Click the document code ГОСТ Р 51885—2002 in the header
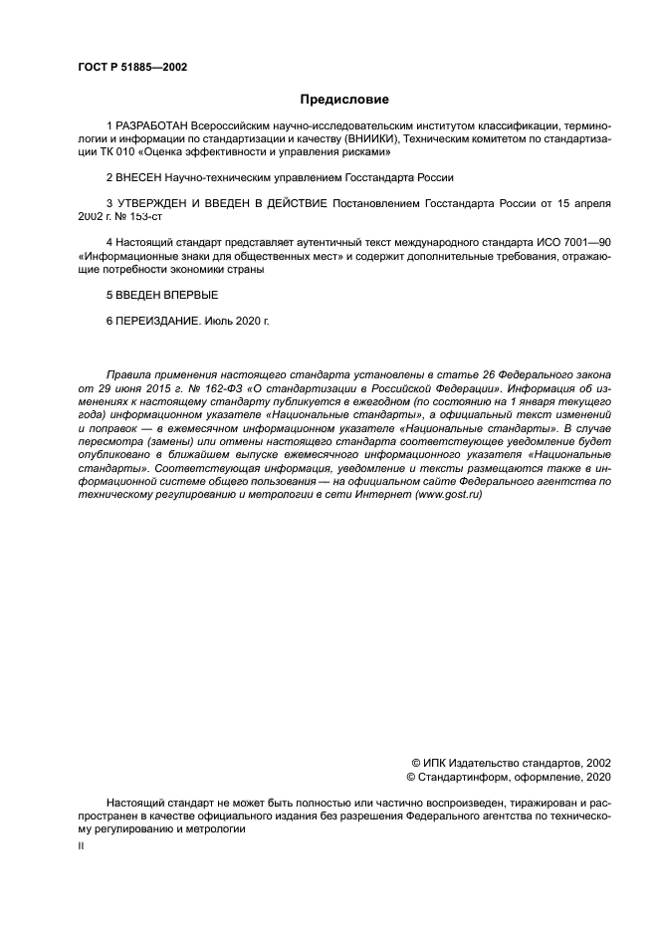coord(131,67)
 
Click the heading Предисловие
coord(344,100)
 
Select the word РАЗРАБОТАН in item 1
coord(152,127)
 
